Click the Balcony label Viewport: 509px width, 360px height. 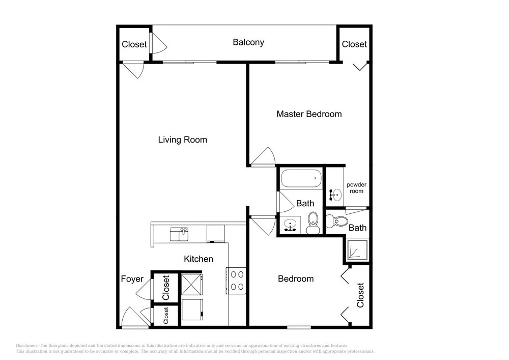248,42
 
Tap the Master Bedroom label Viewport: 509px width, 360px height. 309,114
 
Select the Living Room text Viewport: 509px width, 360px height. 182,140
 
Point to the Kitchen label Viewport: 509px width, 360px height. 199,259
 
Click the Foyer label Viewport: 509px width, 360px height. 132,279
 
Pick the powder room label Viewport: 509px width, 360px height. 356,188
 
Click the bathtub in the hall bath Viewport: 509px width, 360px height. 301,179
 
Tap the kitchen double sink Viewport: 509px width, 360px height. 179,234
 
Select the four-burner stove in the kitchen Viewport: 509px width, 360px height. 236,281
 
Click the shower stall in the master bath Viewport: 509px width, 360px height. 358,250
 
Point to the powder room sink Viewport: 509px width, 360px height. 335,195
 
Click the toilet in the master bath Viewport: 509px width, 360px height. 337,221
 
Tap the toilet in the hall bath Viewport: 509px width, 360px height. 313,223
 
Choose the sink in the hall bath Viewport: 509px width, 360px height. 290,225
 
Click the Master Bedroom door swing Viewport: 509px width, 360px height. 264,156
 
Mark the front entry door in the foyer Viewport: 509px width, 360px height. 135,317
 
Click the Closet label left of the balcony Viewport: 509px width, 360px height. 134,44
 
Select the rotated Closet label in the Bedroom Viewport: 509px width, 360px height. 360,295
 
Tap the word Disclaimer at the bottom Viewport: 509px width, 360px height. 27,346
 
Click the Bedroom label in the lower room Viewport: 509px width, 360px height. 296,279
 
